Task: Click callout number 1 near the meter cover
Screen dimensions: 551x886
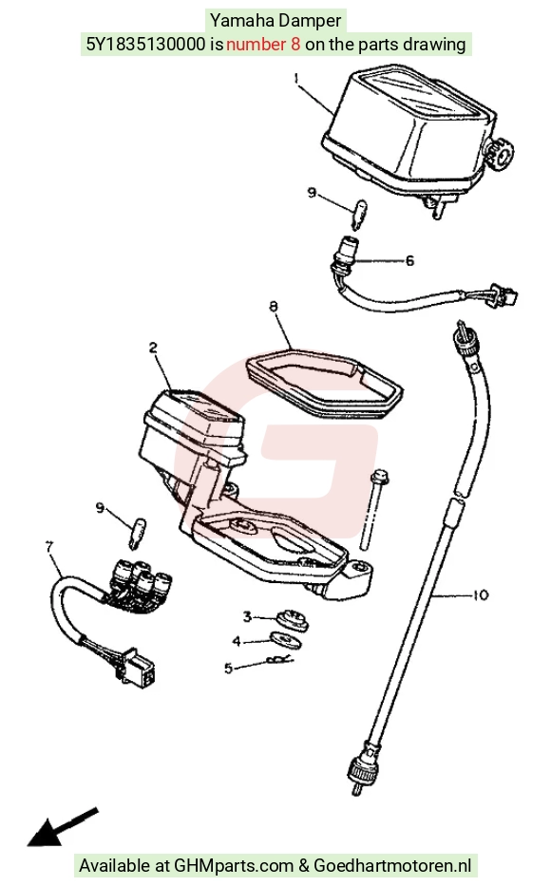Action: [296, 78]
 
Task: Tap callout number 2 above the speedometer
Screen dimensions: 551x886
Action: [153, 349]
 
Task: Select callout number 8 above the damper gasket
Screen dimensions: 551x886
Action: [274, 307]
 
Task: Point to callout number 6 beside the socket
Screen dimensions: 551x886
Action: [409, 260]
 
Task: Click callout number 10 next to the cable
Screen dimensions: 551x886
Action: [480, 595]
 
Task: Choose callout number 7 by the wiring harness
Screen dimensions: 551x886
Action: [49, 547]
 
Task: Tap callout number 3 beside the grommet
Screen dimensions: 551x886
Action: [247, 616]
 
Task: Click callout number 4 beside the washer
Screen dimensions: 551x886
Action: [237, 641]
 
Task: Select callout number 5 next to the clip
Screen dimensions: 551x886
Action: [228, 669]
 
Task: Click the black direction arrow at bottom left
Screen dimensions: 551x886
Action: [62, 827]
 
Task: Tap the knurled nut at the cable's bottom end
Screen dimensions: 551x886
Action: [360, 768]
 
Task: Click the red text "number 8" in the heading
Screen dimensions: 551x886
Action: [263, 44]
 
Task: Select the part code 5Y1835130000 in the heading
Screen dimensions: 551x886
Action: [145, 44]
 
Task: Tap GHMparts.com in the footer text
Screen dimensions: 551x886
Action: [234, 865]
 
